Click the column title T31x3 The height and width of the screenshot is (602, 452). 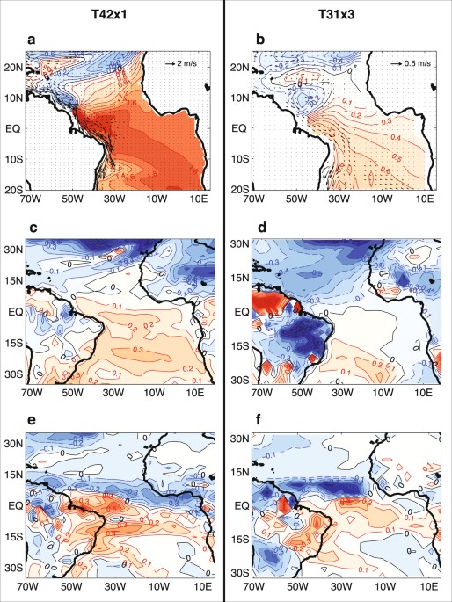click(x=336, y=16)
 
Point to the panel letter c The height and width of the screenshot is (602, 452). click(x=30, y=228)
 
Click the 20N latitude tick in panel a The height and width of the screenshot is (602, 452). click(x=14, y=67)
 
